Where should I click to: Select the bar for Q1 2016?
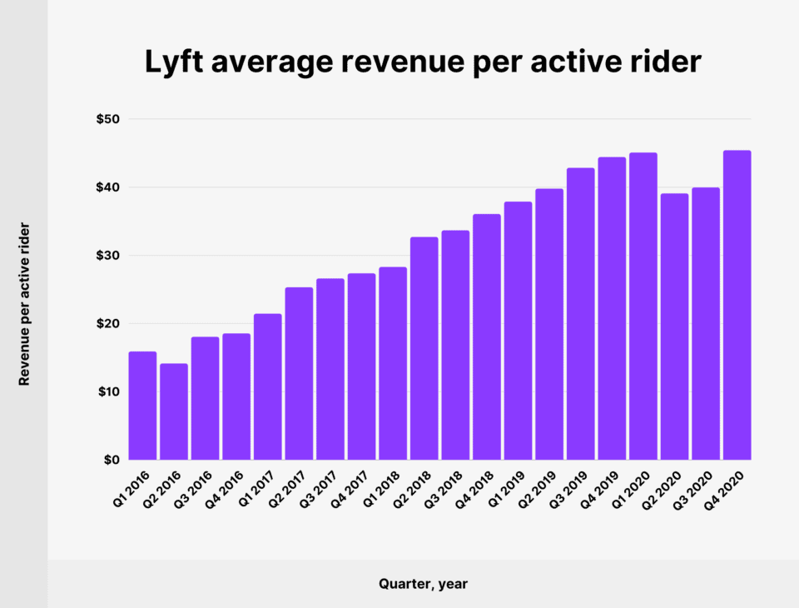click(x=142, y=406)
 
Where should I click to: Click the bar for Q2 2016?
click(x=174, y=411)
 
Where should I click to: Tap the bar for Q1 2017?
click(x=268, y=386)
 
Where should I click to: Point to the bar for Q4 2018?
click(x=486, y=336)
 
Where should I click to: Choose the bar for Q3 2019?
click(x=580, y=314)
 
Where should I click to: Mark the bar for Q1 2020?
click(x=643, y=306)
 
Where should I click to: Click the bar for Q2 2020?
click(x=674, y=326)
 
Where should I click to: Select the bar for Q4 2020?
click(x=737, y=305)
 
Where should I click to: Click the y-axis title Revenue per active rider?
click(x=24, y=303)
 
